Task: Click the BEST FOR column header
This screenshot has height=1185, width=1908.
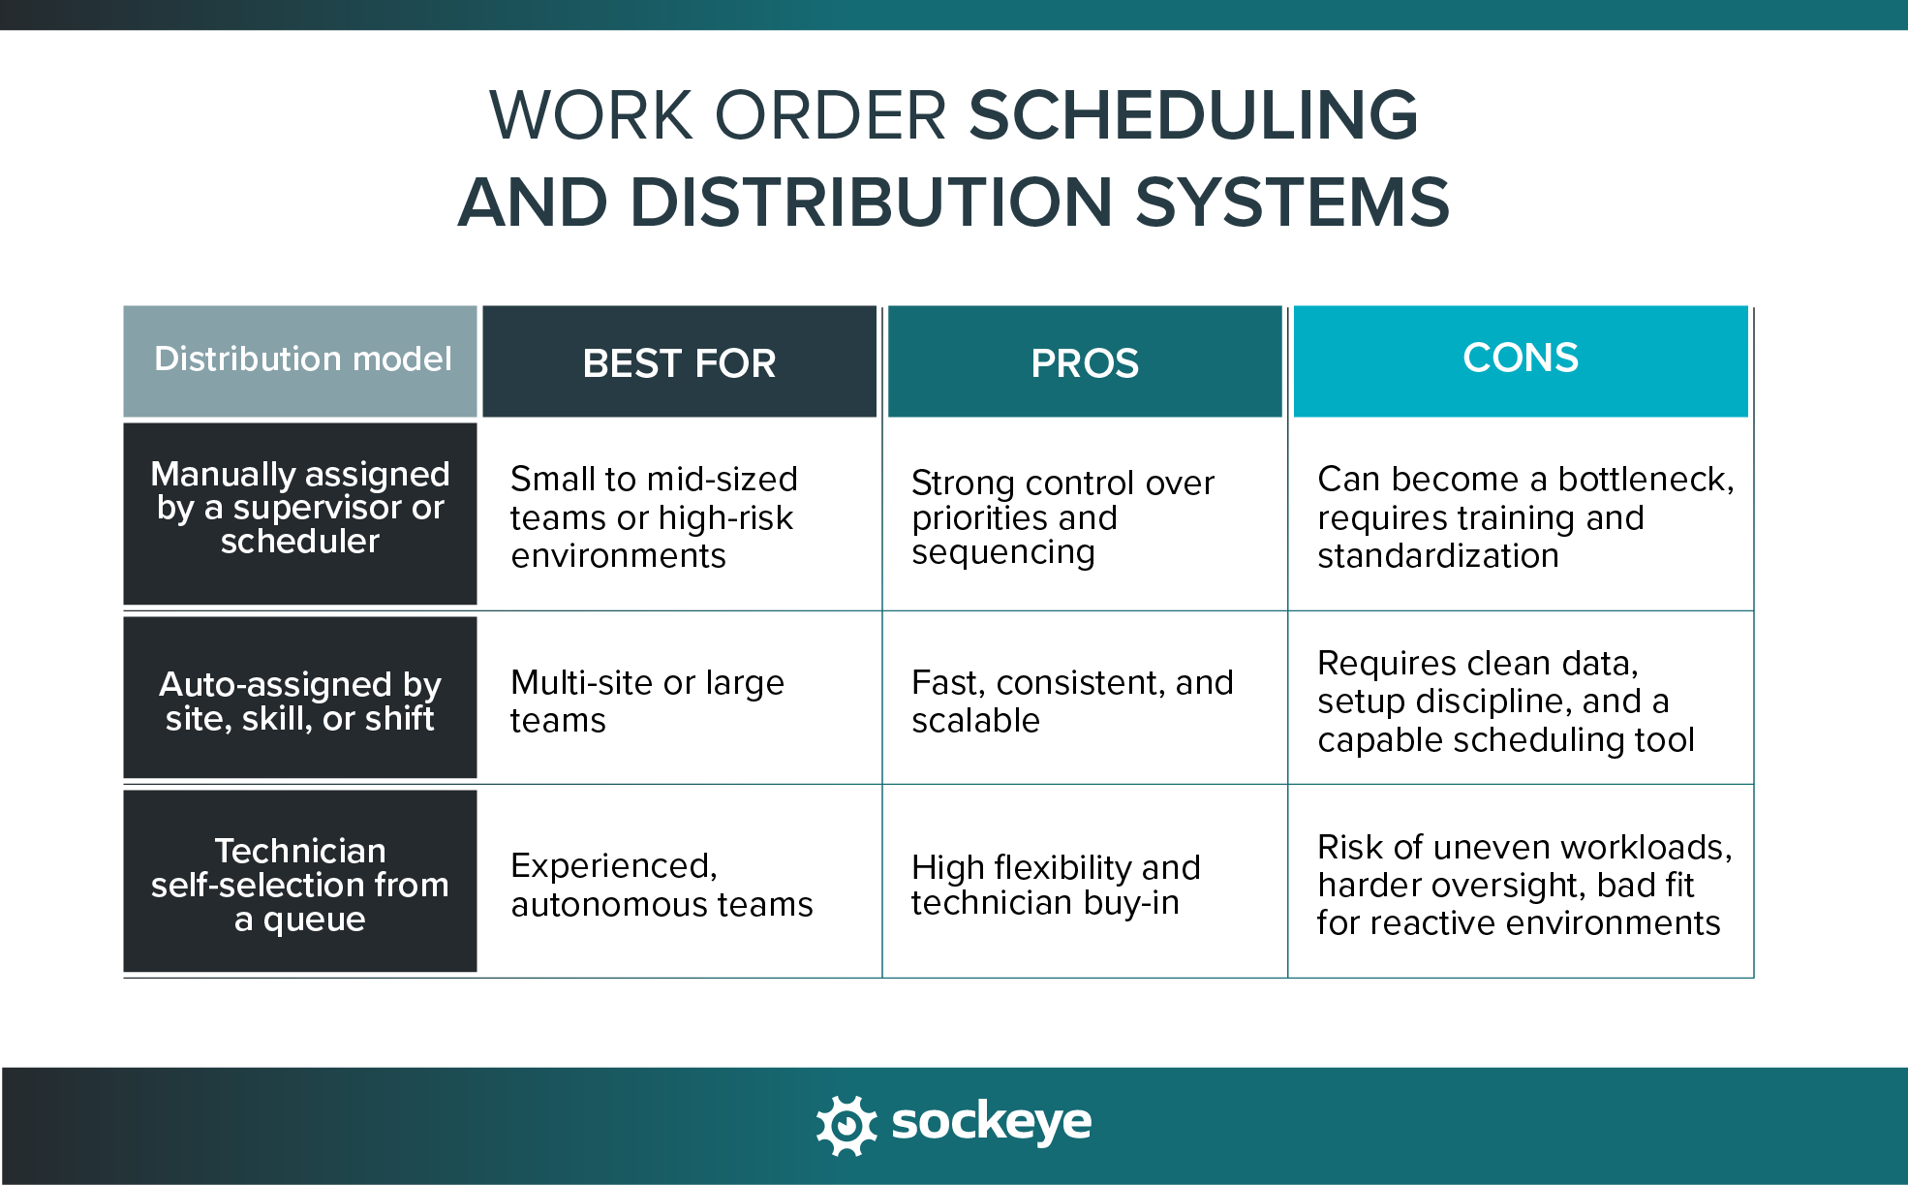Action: pos(679,363)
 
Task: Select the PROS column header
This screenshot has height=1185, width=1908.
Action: pos(1085,363)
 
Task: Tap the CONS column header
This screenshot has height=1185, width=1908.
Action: pos(1521,359)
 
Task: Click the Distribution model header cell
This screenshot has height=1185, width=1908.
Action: pos(301,359)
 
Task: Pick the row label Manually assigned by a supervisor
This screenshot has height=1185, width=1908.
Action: pos(300,508)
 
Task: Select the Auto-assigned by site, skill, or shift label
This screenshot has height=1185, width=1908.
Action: pos(300,701)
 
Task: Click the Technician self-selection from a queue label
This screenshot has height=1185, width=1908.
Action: pos(300,884)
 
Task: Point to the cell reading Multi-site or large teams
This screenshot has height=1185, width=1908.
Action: pos(647,701)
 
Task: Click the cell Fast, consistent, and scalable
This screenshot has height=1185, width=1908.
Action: pos(1071,701)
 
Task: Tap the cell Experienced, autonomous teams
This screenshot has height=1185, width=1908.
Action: pos(662,884)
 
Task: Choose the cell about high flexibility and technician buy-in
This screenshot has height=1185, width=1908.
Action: pos(1055,884)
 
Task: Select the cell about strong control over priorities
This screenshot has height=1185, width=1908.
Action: pos(1062,516)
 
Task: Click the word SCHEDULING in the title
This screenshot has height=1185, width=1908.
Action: pos(1193,115)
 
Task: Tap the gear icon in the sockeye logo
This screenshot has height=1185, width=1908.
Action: pos(846,1125)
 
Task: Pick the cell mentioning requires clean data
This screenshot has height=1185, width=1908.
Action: pos(1505,701)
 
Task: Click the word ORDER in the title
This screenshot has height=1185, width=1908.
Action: pos(830,115)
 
